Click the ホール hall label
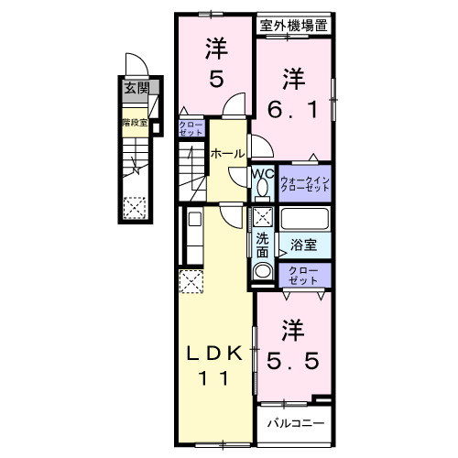227,153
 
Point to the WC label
261,172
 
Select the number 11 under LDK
217,384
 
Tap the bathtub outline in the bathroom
304,219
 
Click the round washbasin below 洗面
262,271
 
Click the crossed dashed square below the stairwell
135,208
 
